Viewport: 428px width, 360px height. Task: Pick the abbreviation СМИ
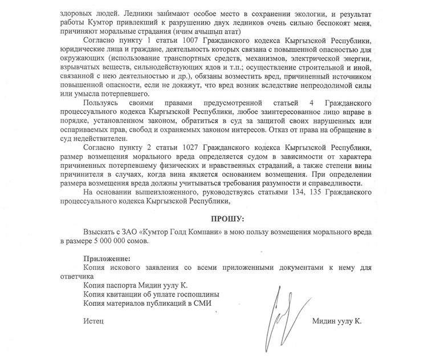click(203, 303)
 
